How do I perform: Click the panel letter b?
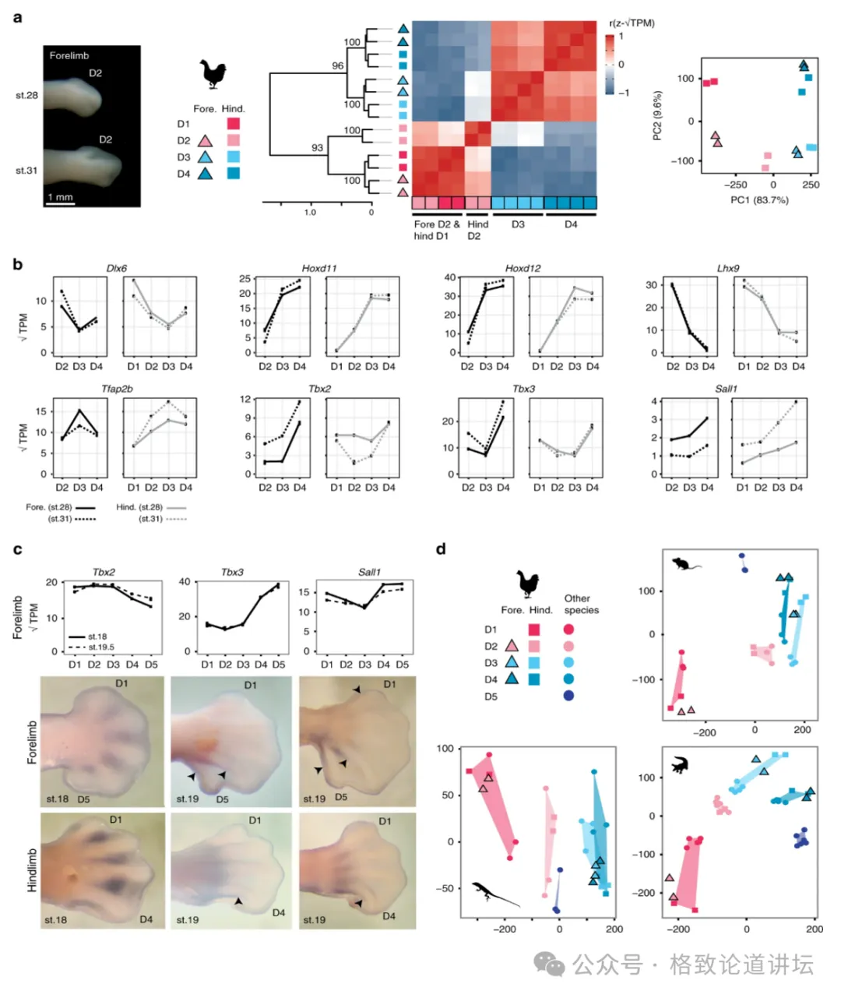(17, 264)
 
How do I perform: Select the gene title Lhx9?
(728, 269)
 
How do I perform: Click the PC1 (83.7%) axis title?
(759, 200)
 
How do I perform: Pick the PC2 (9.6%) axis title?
(657, 116)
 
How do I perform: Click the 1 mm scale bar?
(60, 201)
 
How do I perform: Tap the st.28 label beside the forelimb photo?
(26, 95)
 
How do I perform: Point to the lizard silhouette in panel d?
(494, 894)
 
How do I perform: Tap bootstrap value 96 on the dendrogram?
(337, 66)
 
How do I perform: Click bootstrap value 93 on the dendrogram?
(317, 147)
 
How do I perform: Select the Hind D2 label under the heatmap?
(478, 230)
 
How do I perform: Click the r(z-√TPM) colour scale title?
(632, 23)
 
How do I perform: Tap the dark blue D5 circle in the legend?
(569, 696)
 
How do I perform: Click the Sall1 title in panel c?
(369, 572)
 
